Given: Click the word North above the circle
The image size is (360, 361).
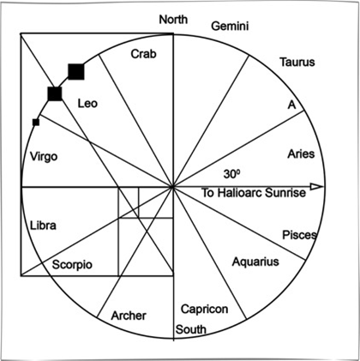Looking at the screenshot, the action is [173, 20].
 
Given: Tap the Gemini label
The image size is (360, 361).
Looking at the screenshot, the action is [230, 26].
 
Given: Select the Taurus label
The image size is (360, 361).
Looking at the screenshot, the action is [297, 62].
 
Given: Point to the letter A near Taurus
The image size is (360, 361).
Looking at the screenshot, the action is [291, 105].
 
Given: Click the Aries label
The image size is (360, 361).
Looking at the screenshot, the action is [301, 153].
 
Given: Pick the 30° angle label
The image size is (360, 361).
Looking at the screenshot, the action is [231, 174].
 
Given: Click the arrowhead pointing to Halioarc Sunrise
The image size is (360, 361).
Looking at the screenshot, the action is [317, 187].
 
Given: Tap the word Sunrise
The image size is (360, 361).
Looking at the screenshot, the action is [285, 193].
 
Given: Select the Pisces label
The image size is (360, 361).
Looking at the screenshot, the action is [299, 235].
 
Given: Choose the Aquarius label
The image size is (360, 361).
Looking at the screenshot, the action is [255, 262].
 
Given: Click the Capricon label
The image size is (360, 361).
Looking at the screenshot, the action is [205, 309].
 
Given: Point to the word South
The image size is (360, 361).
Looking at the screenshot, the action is [191, 329].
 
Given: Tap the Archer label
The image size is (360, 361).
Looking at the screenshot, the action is [129, 316].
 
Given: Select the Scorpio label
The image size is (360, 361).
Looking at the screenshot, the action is [72, 264].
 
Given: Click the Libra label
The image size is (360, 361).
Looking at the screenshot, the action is [43, 226].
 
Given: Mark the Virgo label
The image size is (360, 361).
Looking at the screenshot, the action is [44, 157].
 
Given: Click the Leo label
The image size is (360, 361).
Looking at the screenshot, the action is [87, 103].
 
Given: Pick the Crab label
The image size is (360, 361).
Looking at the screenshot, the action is [144, 54].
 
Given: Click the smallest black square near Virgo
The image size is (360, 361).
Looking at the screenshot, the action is [36, 123].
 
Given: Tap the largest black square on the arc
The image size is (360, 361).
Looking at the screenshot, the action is [76, 72].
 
